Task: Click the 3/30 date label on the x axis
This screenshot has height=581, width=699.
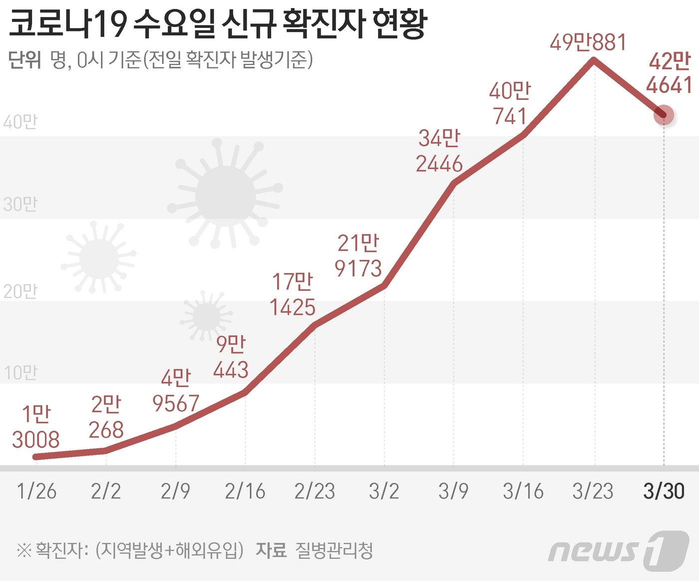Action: click(664, 492)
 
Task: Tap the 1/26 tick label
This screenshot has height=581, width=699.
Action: click(36, 492)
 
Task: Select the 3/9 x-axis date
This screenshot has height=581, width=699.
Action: click(453, 492)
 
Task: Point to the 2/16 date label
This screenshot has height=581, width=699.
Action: click(245, 492)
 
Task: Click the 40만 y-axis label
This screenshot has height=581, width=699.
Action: click(20, 122)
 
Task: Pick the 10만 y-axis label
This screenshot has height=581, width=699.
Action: click(20, 373)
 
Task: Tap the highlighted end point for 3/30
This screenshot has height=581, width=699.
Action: click(664, 115)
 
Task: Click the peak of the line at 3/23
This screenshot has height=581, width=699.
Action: click(593, 60)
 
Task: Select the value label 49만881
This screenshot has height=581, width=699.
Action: click(588, 42)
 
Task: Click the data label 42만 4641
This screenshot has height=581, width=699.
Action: click(669, 73)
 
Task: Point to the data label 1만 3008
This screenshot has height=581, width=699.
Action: click(36, 427)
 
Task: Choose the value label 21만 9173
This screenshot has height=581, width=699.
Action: click(358, 256)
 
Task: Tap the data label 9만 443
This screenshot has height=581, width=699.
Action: click(231, 357)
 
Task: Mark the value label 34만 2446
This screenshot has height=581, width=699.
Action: click(439, 151)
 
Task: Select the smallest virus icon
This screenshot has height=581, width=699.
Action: click(206, 316)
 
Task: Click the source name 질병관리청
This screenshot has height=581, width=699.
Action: click(335, 551)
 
